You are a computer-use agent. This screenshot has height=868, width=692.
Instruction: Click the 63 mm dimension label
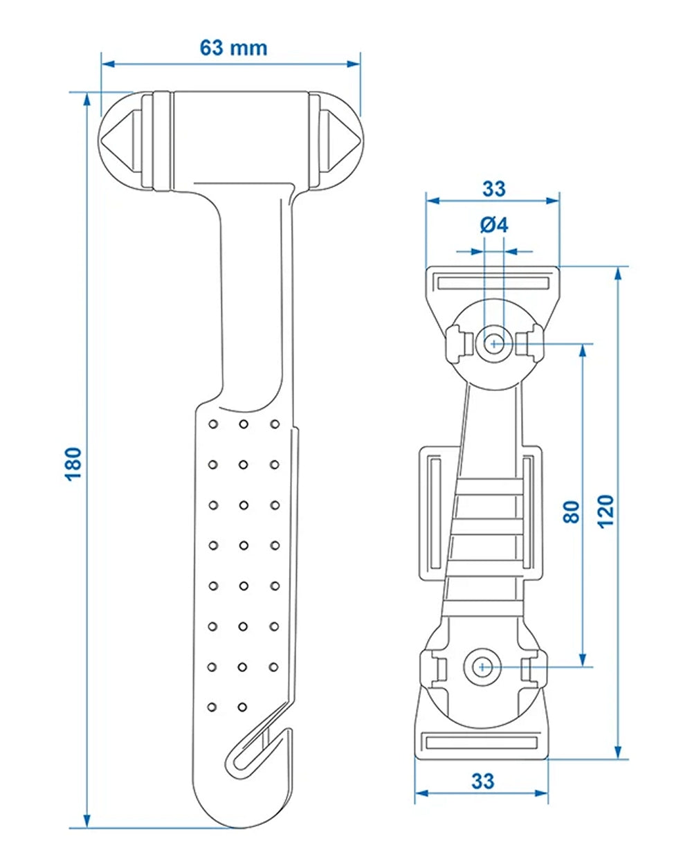tap(233, 48)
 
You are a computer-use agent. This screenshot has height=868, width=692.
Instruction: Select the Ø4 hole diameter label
tap(493, 225)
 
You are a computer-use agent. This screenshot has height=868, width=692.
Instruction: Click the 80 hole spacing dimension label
tap(571, 511)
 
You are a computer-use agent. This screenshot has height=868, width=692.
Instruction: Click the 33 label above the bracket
tap(493, 188)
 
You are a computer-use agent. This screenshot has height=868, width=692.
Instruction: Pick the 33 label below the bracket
tap(482, 781)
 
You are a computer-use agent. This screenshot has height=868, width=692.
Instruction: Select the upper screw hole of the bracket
tap(494, 343)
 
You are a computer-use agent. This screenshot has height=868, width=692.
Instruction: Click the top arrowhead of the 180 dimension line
tap(87, 99)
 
